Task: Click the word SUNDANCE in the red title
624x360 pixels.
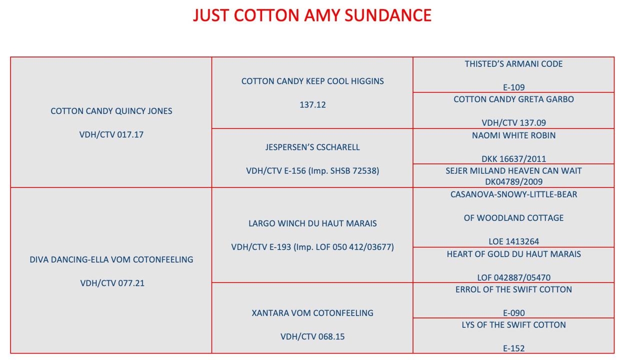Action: (x=388, y=15)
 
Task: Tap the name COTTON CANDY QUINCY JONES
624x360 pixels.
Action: (x=111, y=111)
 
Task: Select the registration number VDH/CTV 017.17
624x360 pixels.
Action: (x=111, y=134)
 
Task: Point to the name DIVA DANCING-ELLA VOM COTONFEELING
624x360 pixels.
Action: (x=111, y=259)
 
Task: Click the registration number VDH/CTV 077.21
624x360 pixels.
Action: (x=112, y=283)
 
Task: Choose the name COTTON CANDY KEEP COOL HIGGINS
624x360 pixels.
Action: (x=312, y=81)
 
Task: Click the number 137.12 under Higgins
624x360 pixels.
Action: (x=312, y=105)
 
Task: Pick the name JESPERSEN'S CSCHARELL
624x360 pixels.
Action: (x=312, y=147)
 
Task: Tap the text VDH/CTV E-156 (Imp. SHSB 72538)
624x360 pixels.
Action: (x=312, y=171)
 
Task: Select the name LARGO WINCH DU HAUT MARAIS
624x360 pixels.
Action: (x=312, y=223)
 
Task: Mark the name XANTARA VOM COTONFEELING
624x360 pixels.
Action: (x=312, y=313)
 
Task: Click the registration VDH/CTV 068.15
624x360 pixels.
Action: (x=312, y=336)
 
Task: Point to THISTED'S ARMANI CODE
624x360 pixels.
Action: (x=513, y=64)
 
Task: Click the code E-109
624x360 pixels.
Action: (x=513, y=87)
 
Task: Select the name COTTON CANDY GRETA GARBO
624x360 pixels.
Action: (x=513, y=99)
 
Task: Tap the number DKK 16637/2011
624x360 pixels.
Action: (x=513, y=159)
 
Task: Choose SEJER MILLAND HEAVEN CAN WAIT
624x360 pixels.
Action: (x=513, y=171)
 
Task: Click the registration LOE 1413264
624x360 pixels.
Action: (x=513, y=241)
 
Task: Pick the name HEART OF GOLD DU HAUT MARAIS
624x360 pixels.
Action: (x=513, y=254)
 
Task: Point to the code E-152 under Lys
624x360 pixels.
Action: (x=513, y=348)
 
